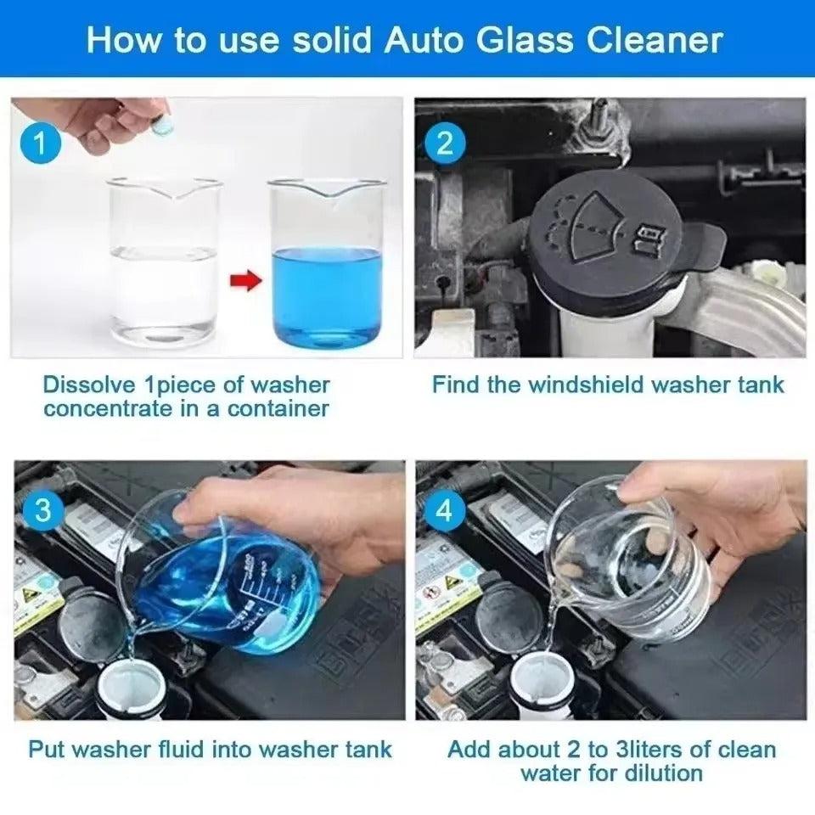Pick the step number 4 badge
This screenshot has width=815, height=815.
coord(444,511)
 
